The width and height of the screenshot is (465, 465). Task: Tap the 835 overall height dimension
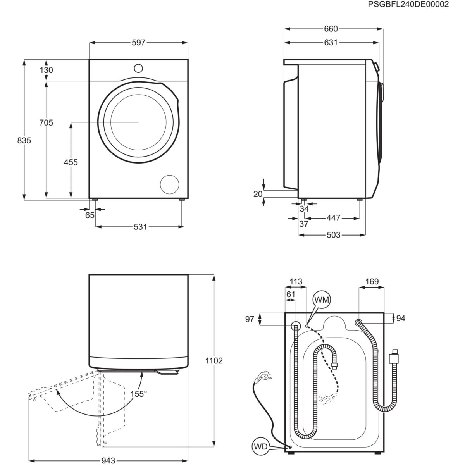24,141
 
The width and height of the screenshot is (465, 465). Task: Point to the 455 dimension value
71,162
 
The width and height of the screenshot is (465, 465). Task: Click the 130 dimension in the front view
46,70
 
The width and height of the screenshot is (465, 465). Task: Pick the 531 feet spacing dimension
140,227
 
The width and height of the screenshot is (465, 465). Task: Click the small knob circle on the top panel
138,68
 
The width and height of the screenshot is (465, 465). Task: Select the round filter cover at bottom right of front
170,184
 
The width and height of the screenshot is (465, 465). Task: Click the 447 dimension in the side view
333,218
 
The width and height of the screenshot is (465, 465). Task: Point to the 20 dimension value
258,194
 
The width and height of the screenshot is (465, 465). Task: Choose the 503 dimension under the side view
333,235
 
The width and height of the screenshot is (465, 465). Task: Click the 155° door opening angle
138,394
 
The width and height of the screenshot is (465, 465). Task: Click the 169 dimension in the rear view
372,282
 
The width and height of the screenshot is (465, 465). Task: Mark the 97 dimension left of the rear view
250,319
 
